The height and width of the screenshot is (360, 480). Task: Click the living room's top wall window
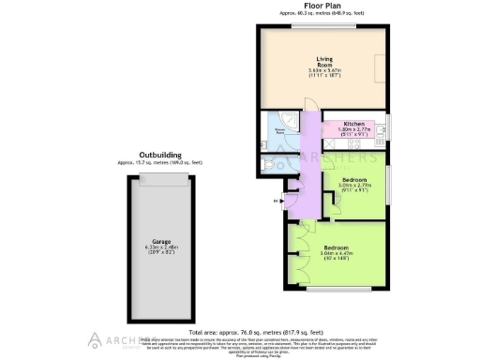[311, 25]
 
